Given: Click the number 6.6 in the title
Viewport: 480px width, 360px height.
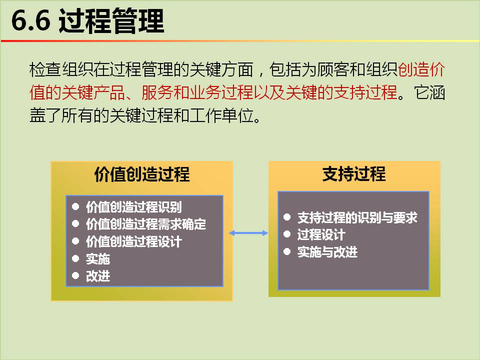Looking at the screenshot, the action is point(30,20).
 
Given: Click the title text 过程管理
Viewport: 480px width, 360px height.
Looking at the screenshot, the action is point(111,21).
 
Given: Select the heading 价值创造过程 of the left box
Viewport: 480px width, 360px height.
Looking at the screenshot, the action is point(141,174).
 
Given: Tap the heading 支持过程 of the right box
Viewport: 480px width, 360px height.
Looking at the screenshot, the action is point(354,174).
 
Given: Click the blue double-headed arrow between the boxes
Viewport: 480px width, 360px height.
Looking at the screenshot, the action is point(248,233).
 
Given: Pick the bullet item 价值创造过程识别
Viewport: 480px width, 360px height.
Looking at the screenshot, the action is point(134,207).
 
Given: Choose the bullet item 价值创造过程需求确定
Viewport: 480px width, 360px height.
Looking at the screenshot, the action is point(145,224).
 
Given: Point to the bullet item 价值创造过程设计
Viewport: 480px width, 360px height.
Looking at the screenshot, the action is point(134,241).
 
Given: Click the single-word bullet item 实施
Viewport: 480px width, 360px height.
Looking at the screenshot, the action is point(98,259).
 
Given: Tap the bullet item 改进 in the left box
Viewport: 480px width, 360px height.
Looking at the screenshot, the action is point(98,276).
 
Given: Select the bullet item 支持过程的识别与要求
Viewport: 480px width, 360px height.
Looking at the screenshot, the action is point(357,217).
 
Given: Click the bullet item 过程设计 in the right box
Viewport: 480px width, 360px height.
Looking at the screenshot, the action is point(321,235).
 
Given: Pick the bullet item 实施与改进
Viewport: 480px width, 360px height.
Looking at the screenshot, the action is point(327,252).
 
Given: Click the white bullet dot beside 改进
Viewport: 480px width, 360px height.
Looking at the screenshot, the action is point(75,276).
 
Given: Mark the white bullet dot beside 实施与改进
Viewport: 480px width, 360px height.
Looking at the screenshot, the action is point(287,251).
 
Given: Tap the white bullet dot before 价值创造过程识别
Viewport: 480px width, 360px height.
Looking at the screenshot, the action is point(75,206).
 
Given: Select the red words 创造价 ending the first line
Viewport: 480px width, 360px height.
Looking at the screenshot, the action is point(421,69).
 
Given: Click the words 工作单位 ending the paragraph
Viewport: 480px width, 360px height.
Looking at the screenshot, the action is point(221,115).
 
